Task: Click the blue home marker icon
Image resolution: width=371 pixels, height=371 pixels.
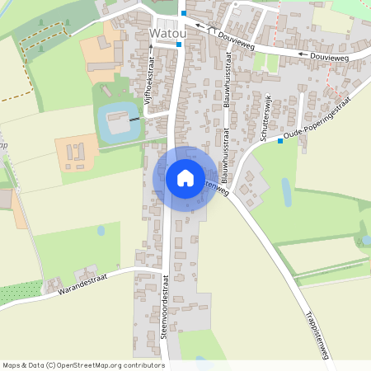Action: (185, 177)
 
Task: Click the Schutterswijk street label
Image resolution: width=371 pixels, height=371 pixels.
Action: (267, 120)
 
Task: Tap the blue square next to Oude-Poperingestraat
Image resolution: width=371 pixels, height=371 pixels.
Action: (280, 140)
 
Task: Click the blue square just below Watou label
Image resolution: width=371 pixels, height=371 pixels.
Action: (179, 45)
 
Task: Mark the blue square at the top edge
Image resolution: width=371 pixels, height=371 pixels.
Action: (184, 13)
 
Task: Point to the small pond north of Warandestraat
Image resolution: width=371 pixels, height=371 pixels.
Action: (101, 231)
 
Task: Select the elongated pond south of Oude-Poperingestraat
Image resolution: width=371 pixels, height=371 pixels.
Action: (286, 191)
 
